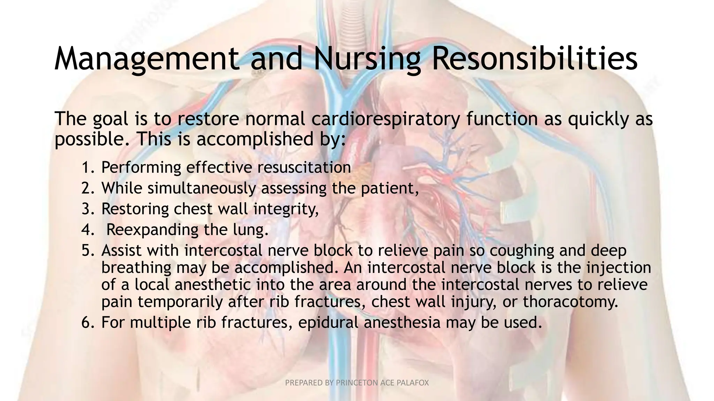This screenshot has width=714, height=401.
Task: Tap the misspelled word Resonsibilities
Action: [x=534, y=59]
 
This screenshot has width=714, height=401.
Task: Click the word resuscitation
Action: [x=304, y=168]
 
